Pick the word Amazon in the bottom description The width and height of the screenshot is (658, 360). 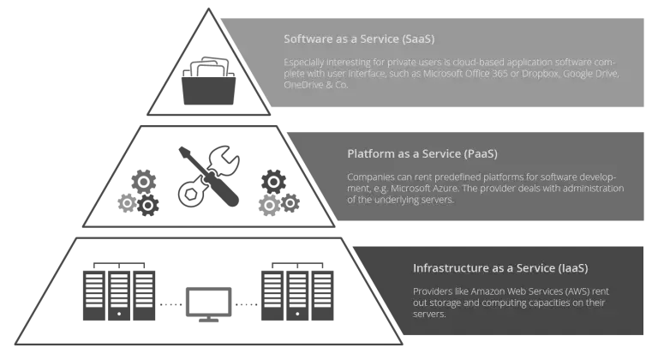pos(487,291)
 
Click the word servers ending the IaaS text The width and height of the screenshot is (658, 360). pos(430,315)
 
